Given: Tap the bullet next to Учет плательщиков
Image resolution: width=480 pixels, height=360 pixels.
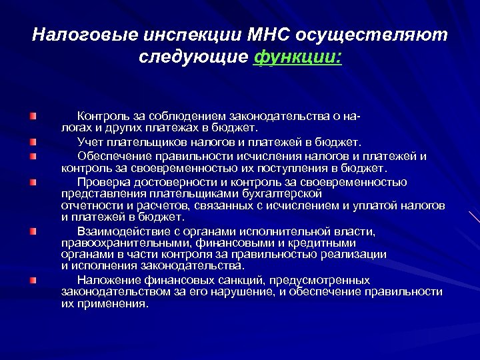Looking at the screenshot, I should [x=33, y=141].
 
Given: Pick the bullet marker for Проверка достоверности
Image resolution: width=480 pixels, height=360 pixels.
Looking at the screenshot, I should [x=33, y=181].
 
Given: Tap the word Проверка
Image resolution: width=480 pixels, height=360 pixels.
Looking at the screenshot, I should [x=101, y=181].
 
